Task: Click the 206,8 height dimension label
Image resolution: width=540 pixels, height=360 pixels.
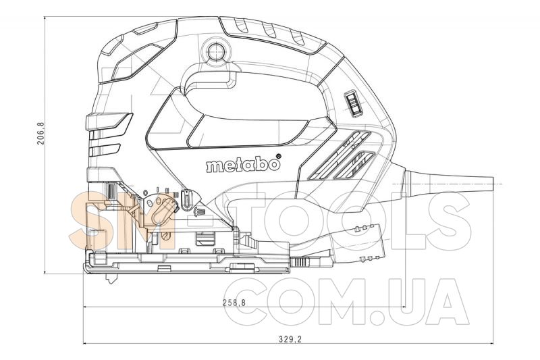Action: (x=41, y=133)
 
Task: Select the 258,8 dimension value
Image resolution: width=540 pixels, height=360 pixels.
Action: (x=234, y=303)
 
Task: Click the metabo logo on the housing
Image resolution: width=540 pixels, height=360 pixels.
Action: (x=243, y=165)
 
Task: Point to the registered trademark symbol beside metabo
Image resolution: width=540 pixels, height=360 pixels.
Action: (x=279, y=156)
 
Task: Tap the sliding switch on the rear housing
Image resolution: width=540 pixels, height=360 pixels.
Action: (x=353, y=105)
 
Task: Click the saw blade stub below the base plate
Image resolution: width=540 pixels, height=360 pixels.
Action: (x=111, y=278)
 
